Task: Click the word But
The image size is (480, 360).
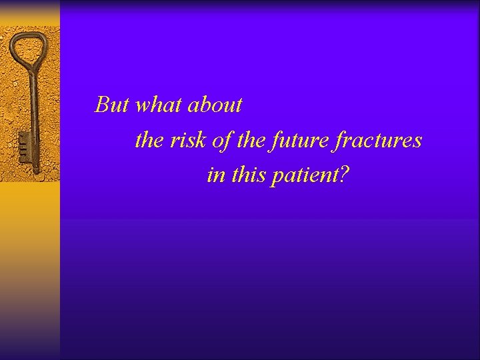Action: coord(113,105)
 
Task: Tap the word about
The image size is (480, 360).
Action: coord(215,105)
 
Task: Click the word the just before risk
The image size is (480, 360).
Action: coord(149,140)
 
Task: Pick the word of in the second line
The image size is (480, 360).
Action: coord(218,140)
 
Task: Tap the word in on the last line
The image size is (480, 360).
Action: coord(215,175)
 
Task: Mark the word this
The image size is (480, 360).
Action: coord(248,175)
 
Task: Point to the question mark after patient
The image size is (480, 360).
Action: coord(344,175)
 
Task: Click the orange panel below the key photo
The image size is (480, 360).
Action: coord(30,267)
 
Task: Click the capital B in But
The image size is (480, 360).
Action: coord(102,105)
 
